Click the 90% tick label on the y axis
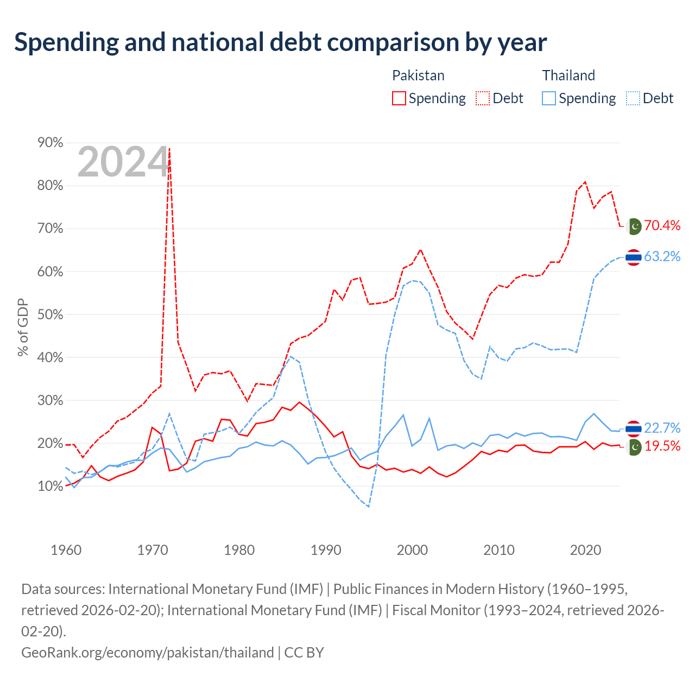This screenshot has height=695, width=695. [x=50, y=142]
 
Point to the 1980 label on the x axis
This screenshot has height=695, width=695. [x=239, y=550]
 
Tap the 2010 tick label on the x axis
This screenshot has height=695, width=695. [x=499, y=550]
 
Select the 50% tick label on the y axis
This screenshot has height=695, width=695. [x=50, y=314]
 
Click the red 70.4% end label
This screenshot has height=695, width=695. [x=662, y=225]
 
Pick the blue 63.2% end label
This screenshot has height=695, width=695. [x=662, y=256]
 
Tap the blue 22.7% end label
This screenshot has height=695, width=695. [x=662, y=428]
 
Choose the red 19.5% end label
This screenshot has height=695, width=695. [x=662, y=446]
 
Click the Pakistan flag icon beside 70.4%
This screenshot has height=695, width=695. [x=634, y=226]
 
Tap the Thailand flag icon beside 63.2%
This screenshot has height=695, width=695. [x=633, y=257]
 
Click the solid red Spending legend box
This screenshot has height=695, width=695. [x=399, y=98]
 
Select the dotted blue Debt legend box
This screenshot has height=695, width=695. [x=633, y=98]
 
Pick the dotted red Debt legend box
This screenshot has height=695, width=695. [x=483, y=98]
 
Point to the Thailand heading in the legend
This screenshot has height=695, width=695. [x=568, y=75]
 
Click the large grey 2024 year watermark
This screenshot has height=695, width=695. [x=123, y=162]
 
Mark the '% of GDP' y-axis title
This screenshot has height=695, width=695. [x=23, y=327]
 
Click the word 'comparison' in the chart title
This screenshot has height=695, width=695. [x=393, y=42]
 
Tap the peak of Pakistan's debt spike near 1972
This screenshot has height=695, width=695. [x=169, y=148]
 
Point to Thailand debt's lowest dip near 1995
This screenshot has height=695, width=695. [x=368, y=507]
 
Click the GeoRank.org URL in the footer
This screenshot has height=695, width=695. [x=148, y=653]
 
